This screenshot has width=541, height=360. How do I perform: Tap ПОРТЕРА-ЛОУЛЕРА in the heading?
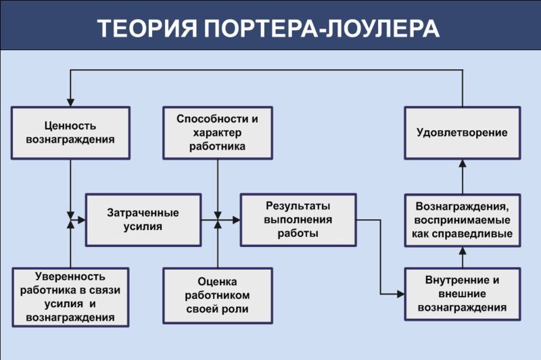[x=322, y=28]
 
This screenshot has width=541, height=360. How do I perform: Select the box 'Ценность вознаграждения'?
[x=70, y=133]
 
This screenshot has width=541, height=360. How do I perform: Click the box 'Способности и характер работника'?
[x=217, y=133]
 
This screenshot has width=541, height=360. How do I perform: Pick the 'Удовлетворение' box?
[x=463, y=133]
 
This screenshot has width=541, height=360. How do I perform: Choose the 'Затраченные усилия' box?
[x=143, y=220]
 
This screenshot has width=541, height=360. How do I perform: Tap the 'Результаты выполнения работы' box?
[x=298, y=220]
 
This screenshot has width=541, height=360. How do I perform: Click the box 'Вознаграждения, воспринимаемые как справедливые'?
[x=463, y=220]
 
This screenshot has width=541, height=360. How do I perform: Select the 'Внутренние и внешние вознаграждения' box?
[x=463, y=294]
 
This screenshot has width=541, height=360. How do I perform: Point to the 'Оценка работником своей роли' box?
[x=217, y=296]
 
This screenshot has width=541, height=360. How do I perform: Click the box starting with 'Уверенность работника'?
[x=70, y=297]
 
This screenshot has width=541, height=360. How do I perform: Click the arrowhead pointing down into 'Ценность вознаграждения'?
[x=70, y=102]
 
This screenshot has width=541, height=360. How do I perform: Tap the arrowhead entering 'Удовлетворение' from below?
[x=463, y=163]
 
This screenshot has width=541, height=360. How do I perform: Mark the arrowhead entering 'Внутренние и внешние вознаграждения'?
[x=400, y=294]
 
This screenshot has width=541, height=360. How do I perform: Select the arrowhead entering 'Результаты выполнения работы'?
[x=236, y=220]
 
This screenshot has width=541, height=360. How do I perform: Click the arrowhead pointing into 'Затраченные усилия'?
[x=82, y=220]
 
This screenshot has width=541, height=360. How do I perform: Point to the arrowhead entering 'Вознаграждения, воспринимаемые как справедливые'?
[x=463, y=251]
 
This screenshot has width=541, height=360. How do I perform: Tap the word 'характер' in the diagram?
[x=217, y=133]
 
